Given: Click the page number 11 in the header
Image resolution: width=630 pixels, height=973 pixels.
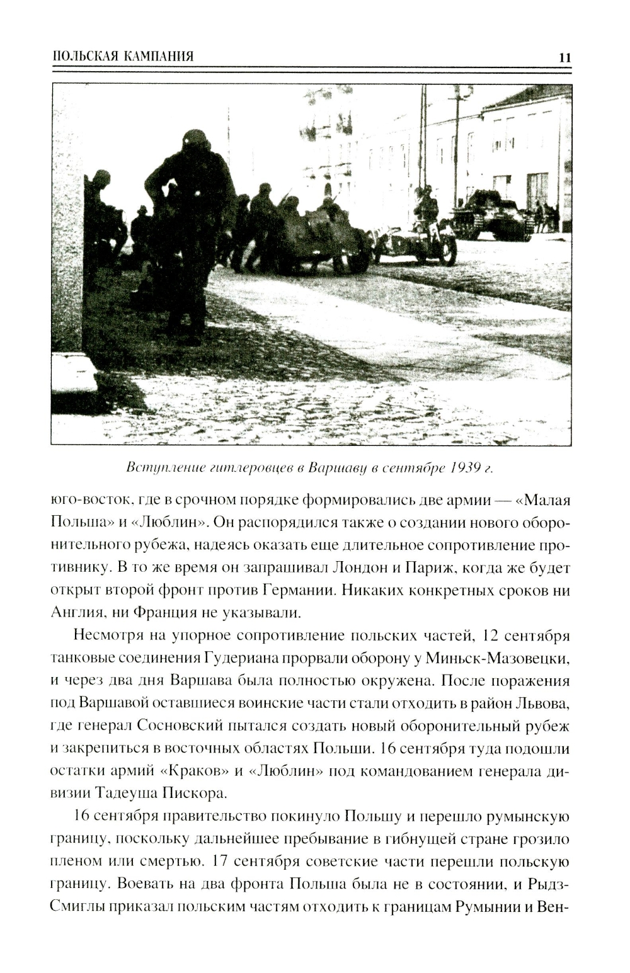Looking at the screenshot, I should tap(564, 57).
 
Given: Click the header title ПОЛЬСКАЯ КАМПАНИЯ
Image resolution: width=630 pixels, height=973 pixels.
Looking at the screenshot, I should tap(123, 57).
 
